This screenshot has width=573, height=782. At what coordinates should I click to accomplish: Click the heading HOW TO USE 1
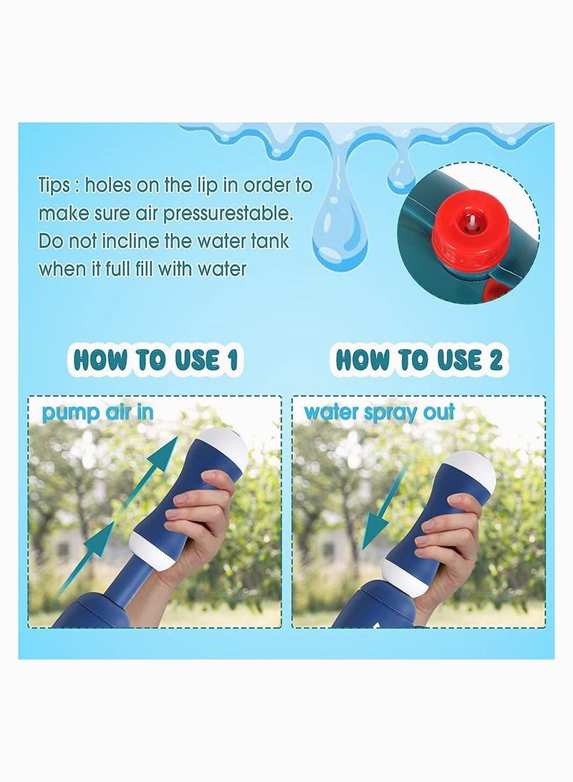coord(154,360)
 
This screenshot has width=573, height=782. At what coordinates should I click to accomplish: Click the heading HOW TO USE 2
coord(419,360)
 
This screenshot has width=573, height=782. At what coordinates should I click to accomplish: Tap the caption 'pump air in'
coord(97,413)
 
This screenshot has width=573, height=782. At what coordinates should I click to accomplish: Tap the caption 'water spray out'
coord(380,413)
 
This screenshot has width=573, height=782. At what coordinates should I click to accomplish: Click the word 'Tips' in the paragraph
coord(54,186)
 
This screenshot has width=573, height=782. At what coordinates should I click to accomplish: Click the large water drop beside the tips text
coord(340,229)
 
